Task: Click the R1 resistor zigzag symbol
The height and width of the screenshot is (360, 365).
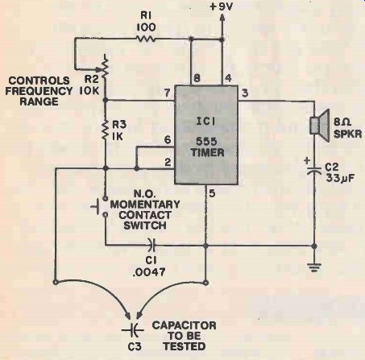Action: point(146,39)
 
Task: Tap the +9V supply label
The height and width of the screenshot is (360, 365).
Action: point(221,6)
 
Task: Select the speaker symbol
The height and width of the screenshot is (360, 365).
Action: point(320,126)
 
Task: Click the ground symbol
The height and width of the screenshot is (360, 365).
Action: point(314,267)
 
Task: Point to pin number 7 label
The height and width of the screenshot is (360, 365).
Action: point(168,93)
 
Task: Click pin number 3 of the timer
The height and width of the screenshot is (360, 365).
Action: point(245,93)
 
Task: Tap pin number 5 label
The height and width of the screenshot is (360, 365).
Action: point(212,193)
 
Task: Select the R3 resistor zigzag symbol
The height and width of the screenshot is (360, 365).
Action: point(106,130)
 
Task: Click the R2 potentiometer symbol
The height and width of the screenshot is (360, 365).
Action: point(104,67)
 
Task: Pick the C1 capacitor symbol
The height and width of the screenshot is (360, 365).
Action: point(153,245)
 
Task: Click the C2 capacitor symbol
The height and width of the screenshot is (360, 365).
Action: point(314,172)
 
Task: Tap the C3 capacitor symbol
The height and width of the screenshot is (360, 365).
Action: point(133,330)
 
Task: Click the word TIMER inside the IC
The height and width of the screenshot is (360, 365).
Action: point(207,152)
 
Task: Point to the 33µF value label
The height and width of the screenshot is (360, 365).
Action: point(340,178)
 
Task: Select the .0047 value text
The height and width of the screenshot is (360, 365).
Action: point(149,272)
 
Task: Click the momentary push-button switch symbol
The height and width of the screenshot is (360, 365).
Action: point(101,206)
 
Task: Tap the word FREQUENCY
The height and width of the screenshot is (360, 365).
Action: point(39,91)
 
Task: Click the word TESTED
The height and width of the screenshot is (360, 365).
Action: point(185,346)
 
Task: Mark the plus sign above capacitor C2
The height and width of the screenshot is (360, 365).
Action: point(307,161)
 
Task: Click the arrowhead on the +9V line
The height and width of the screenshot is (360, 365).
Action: point(222,17)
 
